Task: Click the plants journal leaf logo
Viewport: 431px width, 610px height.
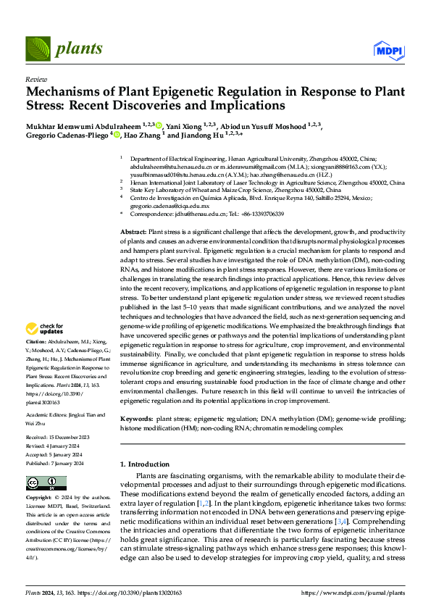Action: [37, 49]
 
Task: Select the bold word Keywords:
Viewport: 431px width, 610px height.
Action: [136, 419]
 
